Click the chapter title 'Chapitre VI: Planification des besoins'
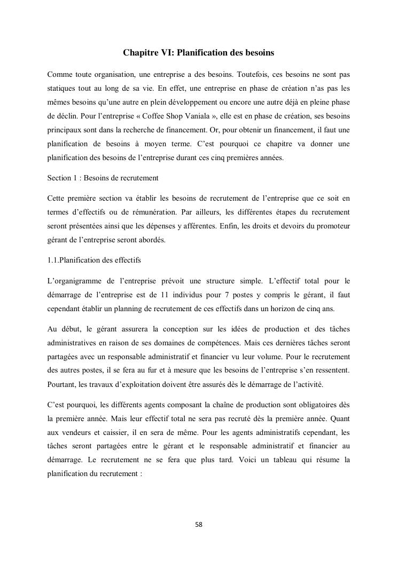pos(198,53)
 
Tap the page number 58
pos(199,525)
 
